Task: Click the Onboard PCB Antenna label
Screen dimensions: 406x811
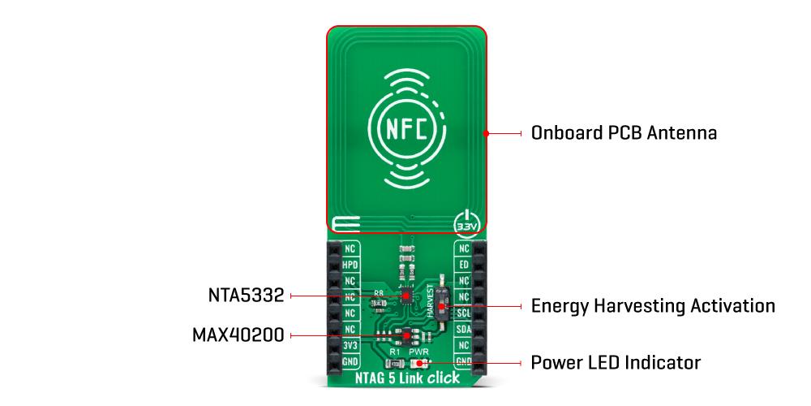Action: (x=623, y=132)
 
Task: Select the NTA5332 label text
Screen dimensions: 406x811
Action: (x=245, y=296)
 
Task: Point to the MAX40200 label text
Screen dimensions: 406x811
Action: (x=238, y=335)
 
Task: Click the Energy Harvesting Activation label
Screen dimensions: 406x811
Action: (x=652, y=306)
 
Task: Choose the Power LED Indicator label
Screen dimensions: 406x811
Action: (x=615, y=361)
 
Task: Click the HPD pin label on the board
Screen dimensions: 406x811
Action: (x=350, y=265)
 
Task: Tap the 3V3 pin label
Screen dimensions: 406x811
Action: (x=350, y=345)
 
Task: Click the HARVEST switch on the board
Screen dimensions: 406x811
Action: (x=441, y=305)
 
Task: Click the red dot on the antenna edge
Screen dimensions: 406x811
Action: (x=486, y=132)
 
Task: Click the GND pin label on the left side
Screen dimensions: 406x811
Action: (x=350, y=361)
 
